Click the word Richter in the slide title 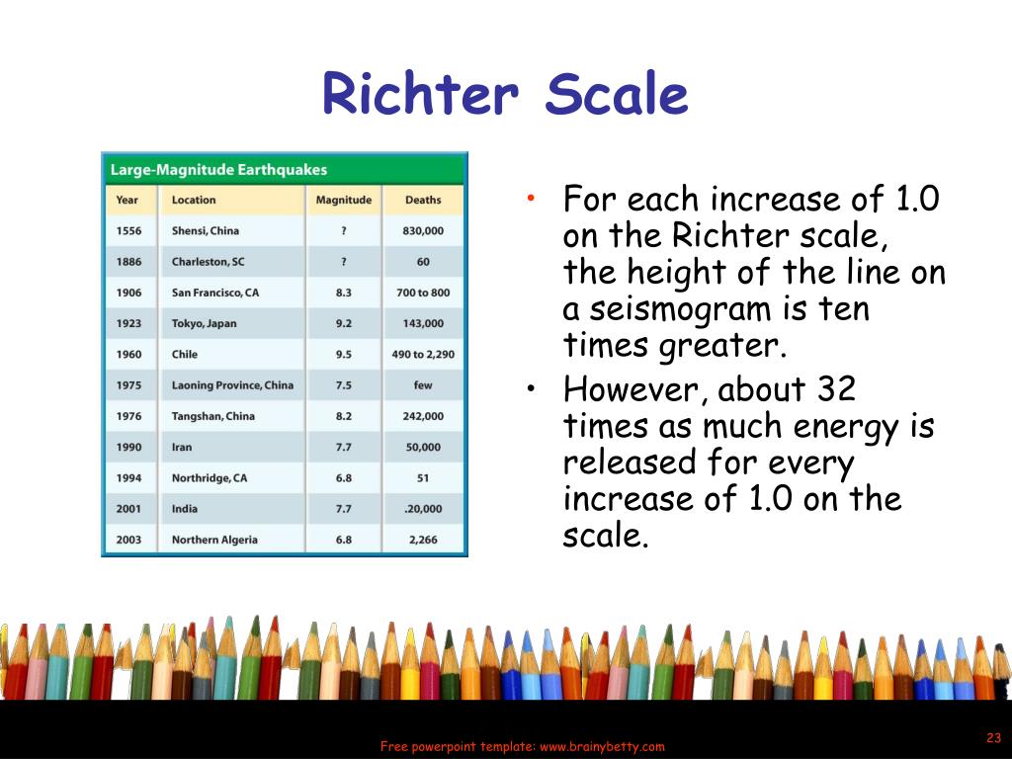point(420,96)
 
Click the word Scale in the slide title point(617,96)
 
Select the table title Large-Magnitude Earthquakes point(218,170)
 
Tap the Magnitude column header point(344,200)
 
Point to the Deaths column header point(423,200)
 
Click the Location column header point(194,200)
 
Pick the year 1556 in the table point(128,231)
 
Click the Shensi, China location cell point(206,231)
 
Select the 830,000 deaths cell point(423,231)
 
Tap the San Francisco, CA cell point(215,293)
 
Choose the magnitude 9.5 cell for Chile point(344,354)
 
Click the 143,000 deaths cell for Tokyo point(423,323)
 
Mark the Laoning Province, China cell point(232,385)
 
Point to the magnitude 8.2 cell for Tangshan point(344,416)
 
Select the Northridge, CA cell point(210,478)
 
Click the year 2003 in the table point(128,540)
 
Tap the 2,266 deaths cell point(423,540)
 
